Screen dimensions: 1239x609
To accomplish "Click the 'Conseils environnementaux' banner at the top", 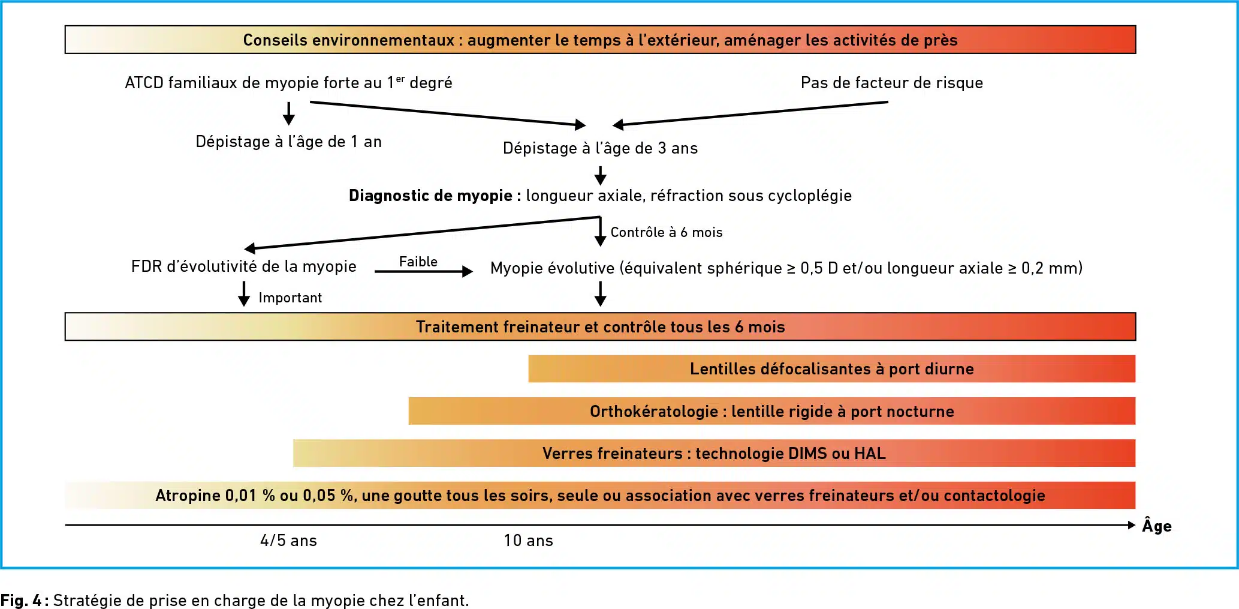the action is [600, 40].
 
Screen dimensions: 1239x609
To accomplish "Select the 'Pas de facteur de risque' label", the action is [891, 83].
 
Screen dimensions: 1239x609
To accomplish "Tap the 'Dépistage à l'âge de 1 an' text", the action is [288, 142].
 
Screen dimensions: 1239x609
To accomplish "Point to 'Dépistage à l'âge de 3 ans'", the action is [600, 148].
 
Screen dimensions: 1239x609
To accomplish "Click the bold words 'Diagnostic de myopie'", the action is [430, 196].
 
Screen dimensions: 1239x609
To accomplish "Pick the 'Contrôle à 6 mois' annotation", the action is [667, 232].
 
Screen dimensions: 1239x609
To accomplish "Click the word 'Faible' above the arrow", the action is [418, 262].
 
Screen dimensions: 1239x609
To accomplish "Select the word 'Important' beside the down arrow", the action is [290, 298].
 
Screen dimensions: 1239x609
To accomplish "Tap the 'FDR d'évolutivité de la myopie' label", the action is [243, 266].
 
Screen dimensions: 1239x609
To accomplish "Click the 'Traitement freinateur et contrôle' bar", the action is [600, 326].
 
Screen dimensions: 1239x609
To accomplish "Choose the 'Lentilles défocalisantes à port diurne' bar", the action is [831, 368].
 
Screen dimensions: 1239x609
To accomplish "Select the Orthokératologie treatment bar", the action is [771, 411].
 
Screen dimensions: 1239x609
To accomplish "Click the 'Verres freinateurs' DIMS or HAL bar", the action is [714, 453].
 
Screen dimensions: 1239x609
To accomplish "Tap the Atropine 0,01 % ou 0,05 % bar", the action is [600, 495].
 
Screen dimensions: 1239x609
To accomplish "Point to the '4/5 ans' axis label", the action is [288, 541].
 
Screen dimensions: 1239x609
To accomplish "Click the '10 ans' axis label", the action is [528, 541].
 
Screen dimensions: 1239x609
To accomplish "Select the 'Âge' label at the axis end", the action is [1157, 526].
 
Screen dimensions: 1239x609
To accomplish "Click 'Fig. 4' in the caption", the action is [21, 600].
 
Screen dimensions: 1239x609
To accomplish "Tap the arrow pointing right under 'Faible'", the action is [424, 272].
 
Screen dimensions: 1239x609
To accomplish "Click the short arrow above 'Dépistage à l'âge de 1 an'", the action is [289, 113].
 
